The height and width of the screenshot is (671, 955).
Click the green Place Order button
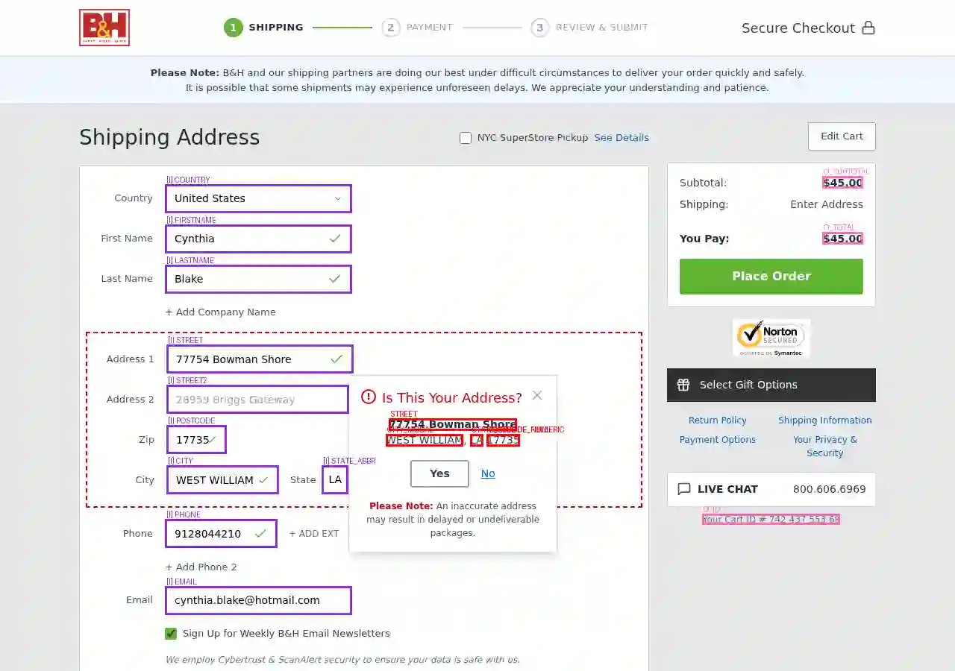pos(771,276)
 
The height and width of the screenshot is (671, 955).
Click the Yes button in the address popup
pos(439,473)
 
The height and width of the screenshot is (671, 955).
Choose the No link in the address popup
pos(488,473)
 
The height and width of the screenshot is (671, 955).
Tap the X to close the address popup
pos(537,395)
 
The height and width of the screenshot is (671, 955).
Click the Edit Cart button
pos(842,136)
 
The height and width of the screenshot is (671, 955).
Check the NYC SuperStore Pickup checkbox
pos(466,138)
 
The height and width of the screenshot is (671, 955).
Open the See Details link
pos(621,138)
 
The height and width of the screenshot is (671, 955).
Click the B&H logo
pos(104,28)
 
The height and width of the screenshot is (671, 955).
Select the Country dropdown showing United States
pos(258,198)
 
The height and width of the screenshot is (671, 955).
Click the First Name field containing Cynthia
pos(258,239)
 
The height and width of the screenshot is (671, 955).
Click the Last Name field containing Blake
pos(258,279)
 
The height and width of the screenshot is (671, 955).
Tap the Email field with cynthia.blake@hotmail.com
pos(258,600)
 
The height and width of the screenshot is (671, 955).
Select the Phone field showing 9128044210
pos(221,534)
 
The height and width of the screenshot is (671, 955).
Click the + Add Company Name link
pos(221,312)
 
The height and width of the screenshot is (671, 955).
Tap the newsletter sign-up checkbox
pos(171,634)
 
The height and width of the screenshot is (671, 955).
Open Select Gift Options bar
pos(771,385)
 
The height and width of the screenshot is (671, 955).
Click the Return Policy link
pos(717,420)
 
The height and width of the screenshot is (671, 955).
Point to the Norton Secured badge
pos(771,338)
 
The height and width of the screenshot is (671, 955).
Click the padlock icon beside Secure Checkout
pos(868,28)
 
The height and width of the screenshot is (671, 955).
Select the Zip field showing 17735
pos(196,440)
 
